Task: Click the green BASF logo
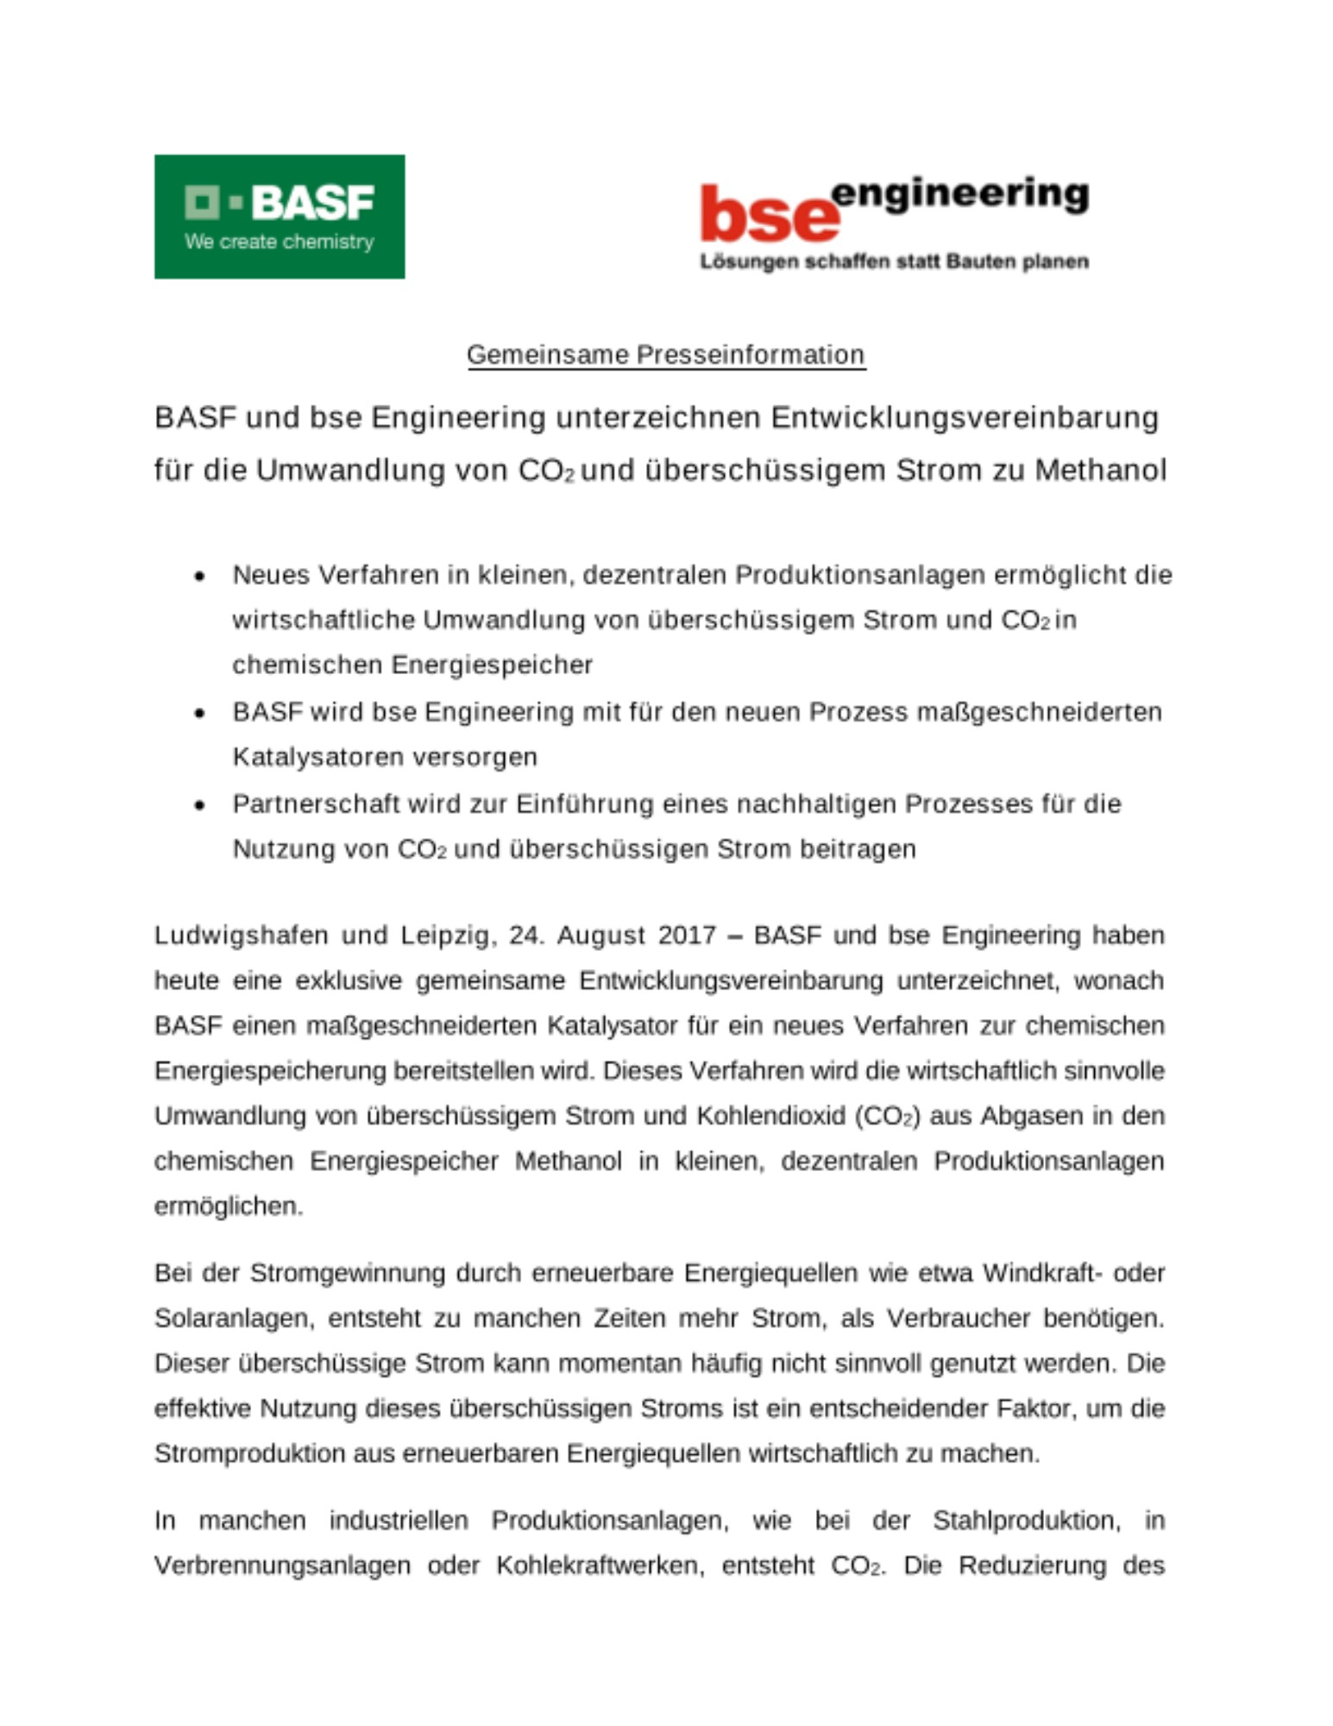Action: coord(279,216)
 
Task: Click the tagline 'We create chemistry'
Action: coord(279,243)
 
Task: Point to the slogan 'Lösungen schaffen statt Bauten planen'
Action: coord(894,261)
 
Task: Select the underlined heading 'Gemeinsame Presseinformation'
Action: coord(665,355)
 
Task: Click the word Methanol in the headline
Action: coord(1100,470)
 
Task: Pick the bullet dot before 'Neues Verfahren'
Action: coord(200,576)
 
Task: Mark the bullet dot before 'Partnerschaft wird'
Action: coord(200,805)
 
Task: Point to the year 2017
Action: coord(687,935)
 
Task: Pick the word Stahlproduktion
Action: coord(1026,1521)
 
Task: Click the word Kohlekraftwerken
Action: coord(600,1565)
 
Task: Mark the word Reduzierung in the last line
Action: coord(1032,1565)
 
